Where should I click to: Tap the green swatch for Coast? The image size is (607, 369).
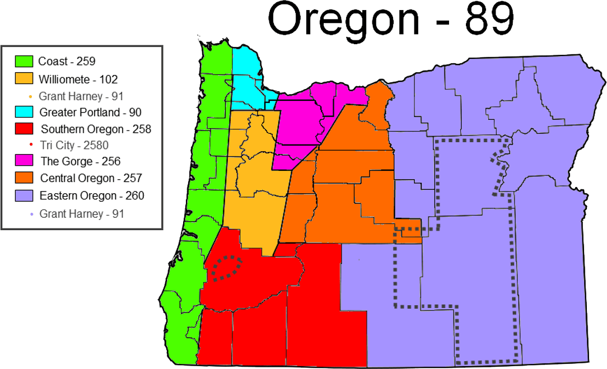pyautogui.click(x=24, y=62)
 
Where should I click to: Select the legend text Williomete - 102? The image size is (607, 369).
pyautogui.click(x=78, y=80)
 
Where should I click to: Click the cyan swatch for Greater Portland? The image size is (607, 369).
pyautogui.click(x=24, y=113)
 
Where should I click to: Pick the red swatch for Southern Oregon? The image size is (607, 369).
pyautogui.click(x=24, y=129)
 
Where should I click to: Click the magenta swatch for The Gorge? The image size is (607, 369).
pyautogui.click(x=24, y=161)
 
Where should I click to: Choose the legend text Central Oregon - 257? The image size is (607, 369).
pyautogui.click(x=91, y=179)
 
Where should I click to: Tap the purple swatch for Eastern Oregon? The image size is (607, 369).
pyautogui.click(x=24, y=196)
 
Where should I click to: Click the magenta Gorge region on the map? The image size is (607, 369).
pyautogui.click(x=299, y=123)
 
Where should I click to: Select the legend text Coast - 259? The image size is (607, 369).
pyautogui.click(x=67, y=62)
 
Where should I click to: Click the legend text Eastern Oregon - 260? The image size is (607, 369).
pyautogui.click(x=92, y=196)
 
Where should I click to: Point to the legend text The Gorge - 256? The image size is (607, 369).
pyautogui.click(x=80, y=161)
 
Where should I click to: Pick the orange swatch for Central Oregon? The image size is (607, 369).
pyautogui.click(x=24, y=179)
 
